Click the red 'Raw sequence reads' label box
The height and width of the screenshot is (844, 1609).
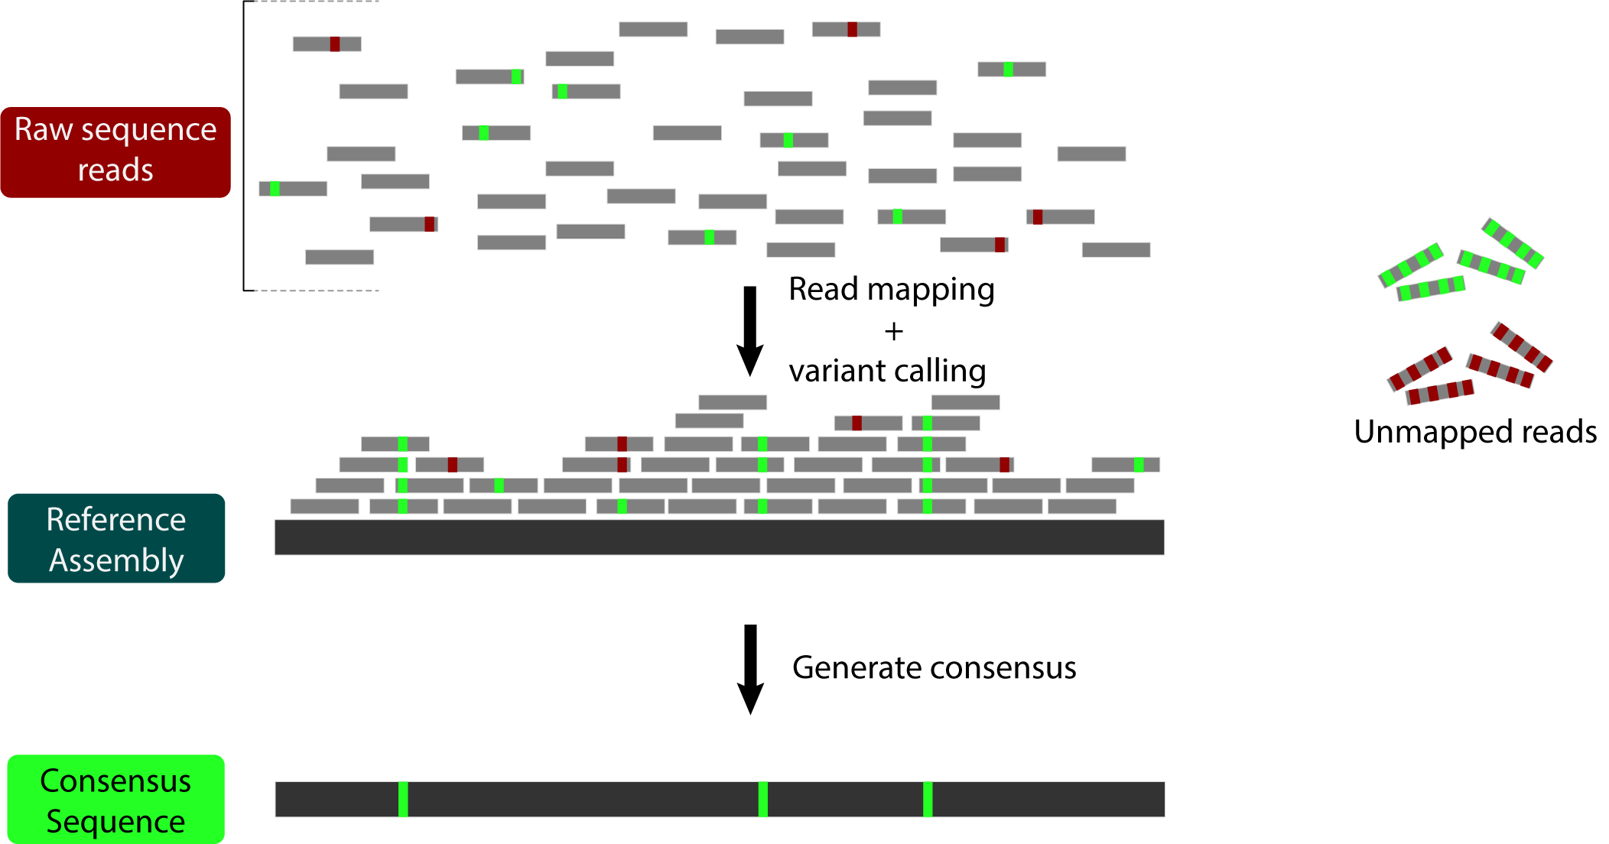tap(115, 152)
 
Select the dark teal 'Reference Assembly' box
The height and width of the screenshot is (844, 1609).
tap(116, 538)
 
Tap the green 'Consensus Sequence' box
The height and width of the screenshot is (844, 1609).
tap(115, 800)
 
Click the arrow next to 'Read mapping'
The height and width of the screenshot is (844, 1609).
tap(750, 331)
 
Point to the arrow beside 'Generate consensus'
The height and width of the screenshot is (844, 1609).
tap(750, 670)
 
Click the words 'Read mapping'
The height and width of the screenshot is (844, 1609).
tap(892, 291)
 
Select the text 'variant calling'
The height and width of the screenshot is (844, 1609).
tap(888, 371)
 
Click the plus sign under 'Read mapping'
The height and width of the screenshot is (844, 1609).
tap(893, 331)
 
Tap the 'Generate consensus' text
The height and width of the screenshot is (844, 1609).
tap(934, 668)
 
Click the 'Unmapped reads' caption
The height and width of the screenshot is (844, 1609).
tap(1475, 433)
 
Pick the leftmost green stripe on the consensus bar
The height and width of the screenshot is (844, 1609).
tap(403, 799)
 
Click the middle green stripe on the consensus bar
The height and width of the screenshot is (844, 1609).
tap(762, 799)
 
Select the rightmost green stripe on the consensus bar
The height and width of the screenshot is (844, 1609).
tap(928, 799)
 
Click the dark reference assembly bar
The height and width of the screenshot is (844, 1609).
tap(720, 537)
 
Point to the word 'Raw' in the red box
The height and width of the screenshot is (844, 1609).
tap(43, 130)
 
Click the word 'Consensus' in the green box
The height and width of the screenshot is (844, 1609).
tap(115, 781)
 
